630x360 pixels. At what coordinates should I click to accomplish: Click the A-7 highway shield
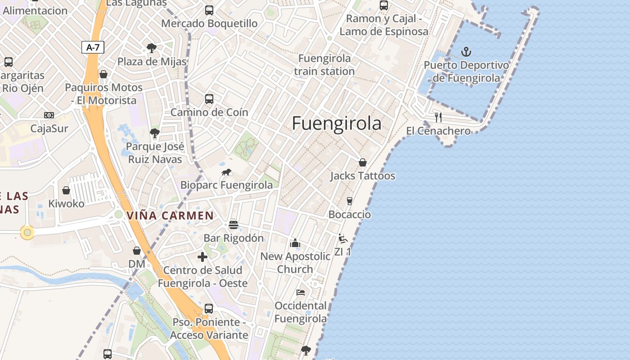tap(93, 47)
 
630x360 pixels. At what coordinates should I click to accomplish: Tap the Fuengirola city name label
tap(337, 123)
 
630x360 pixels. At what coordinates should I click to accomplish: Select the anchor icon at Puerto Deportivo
tap(466, 52)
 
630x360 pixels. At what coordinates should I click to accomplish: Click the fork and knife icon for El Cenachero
tap(438, 117)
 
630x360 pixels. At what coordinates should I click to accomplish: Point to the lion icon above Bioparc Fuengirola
tap(226, 172)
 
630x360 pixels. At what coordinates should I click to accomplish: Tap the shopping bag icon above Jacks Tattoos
tap(362, 162)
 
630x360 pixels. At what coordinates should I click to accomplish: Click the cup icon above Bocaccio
tap(349, 201)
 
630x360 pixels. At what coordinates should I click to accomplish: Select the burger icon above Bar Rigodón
tap(233, 225)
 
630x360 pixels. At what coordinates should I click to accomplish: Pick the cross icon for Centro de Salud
tap(202, 257)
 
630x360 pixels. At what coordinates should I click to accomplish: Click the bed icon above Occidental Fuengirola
tap(301, 292)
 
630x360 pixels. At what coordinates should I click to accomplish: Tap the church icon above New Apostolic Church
tap(295, 243)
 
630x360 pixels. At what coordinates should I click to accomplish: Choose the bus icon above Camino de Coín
tap(209, 99)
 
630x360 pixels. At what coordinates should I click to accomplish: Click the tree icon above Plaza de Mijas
tap(152, 48)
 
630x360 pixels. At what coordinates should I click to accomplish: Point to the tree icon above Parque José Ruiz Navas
tap(154, 133)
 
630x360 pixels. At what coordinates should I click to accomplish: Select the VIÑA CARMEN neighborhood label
tap(170, 216)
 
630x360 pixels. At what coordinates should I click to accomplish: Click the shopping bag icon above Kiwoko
tap(66, 190)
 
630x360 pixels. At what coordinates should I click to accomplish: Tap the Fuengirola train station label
tap(324, 65)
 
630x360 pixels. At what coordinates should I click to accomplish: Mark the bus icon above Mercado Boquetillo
tap(209, 10)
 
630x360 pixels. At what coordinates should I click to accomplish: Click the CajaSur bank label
tap(49, 129)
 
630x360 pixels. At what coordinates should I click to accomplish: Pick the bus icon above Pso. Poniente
tap(209, 309)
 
